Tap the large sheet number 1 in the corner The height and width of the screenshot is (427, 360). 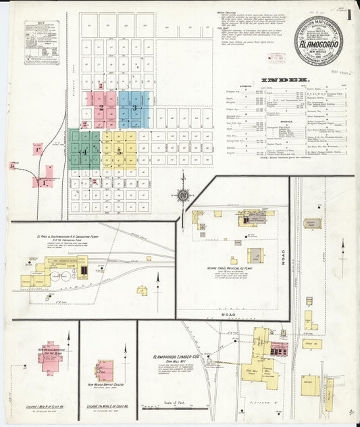(351, 14)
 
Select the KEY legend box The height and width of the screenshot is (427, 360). (42, 43)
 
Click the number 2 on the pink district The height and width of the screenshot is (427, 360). (101, 107)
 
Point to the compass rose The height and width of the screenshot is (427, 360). (182, 196)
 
